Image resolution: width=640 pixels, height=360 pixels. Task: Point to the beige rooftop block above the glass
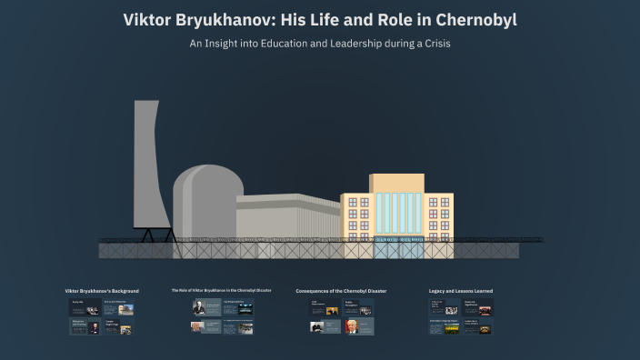pos(396,183)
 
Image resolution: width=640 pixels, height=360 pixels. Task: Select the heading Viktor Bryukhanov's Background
pos(102,291)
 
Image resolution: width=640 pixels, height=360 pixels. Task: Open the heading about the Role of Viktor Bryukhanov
pos(221,290)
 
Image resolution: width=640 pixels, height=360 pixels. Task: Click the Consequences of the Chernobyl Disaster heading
pos(341,291)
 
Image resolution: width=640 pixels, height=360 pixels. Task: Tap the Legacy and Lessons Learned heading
pos(461,291)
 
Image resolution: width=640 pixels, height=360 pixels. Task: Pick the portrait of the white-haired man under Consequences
pos(351,328)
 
